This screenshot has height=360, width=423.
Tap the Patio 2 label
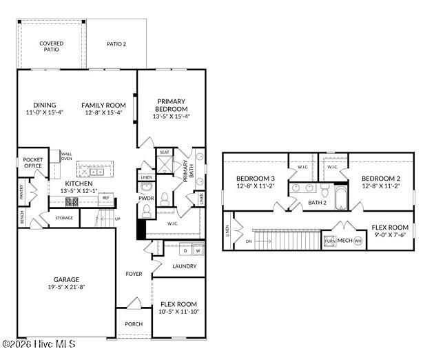[116, 44]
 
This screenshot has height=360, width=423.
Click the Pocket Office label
[33, 163]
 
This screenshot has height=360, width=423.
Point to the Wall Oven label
[66, 156]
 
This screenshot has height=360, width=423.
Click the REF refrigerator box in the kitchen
[105, 198]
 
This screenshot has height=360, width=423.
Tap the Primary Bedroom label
[171, 105]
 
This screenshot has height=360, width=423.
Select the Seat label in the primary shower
[165, 152]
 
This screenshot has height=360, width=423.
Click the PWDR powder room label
[146, 198]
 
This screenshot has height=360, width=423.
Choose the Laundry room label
[185, 266]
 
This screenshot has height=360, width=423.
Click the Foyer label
[134, 274]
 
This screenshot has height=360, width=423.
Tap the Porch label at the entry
[134, 323]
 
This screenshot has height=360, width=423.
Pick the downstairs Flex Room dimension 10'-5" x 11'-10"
[178, 312]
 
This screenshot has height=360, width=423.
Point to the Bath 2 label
[317, 203]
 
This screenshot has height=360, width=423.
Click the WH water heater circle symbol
[358, 241]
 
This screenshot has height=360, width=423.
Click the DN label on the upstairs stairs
[248, 241]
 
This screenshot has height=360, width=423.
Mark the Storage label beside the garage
[64, 218]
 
